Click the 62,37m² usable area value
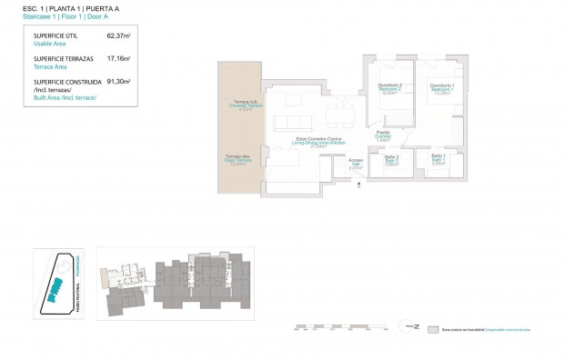click(x=118, y=36)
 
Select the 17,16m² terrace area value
click(x=118, y=58)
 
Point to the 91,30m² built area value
click(x=118, y=81)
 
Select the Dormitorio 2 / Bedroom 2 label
click(x=390, y=88)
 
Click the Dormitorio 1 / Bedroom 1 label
click(x=442, y=88)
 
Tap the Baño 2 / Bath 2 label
click(x=392, y=162)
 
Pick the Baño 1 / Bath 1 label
click(x=438, y=160)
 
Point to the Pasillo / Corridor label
click(x=384, y=137)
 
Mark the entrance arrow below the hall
click(x=359, y=184)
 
